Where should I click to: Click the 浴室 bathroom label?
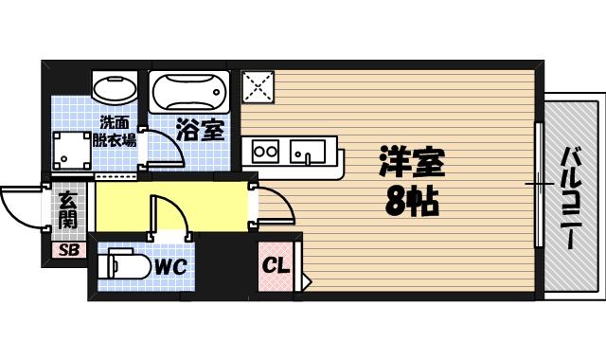coord(200,130)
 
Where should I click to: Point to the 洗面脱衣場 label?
coord(117,129)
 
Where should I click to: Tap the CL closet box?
coord(276,263)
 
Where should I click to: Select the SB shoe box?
coord(68,250)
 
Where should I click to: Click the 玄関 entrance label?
coord(68,210)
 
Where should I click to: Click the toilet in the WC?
coord(122,264)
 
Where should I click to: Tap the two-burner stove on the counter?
coord(263,151)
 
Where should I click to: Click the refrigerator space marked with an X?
coord(258,88)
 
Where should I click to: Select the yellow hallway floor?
coord(123,207)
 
